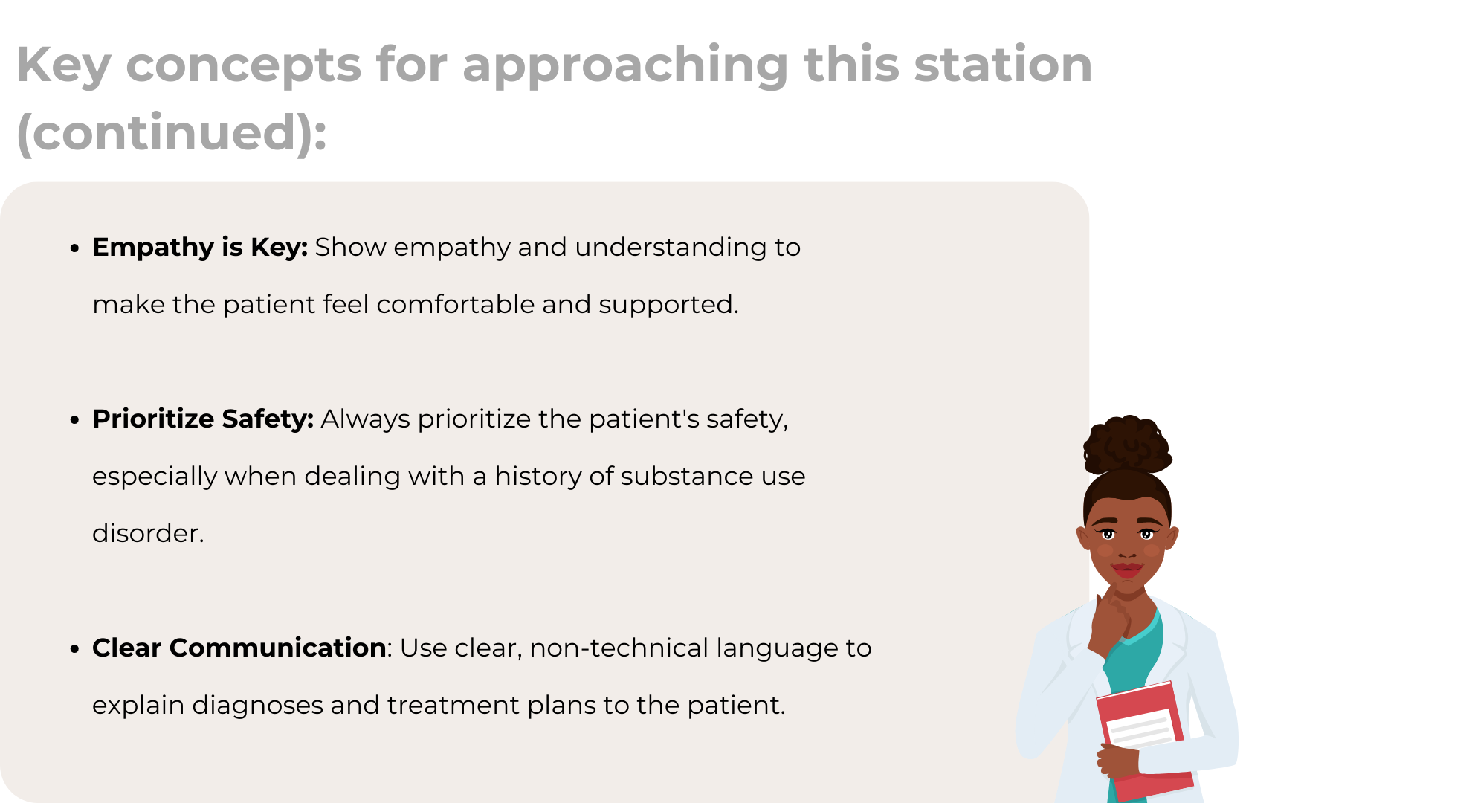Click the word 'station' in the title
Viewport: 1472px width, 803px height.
1003,65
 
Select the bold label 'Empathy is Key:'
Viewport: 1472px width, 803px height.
200,248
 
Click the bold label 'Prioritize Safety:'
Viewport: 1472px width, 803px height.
203,419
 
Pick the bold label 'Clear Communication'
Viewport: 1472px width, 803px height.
239,648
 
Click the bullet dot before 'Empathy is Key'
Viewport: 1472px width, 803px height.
74,248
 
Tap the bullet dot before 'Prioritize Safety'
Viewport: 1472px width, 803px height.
74,420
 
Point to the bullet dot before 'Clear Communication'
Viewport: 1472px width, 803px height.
74,649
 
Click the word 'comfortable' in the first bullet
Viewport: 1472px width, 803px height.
456,304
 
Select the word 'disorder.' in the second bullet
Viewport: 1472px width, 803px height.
148,533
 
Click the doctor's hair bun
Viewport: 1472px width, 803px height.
1127,444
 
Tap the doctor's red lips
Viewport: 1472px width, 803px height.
1127,570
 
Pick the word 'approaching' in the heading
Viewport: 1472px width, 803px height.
625,67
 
